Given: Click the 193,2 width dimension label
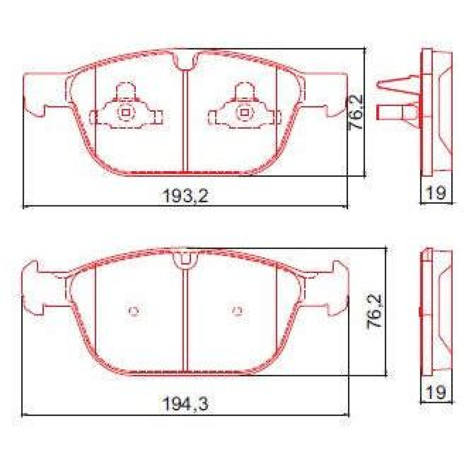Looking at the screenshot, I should point(185,196).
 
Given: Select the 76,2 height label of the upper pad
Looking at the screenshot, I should point(356,112).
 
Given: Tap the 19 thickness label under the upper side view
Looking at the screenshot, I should point(436,192).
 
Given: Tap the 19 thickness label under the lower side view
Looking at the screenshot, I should point(436,393).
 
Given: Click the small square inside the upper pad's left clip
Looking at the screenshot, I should point(125,113).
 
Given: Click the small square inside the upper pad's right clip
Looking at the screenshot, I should point(244,113).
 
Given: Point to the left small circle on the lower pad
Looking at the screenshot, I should point(134,311).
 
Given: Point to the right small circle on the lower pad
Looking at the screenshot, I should point(237,311).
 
